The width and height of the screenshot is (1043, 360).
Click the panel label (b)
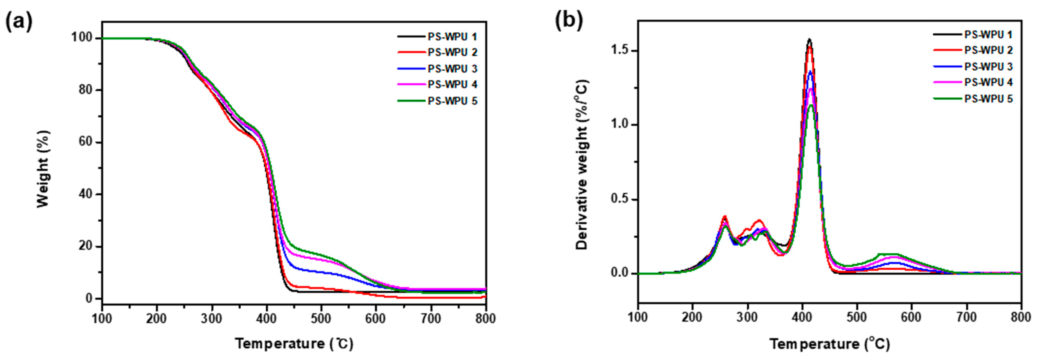569,21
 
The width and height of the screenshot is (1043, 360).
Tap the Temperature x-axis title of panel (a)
294,344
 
